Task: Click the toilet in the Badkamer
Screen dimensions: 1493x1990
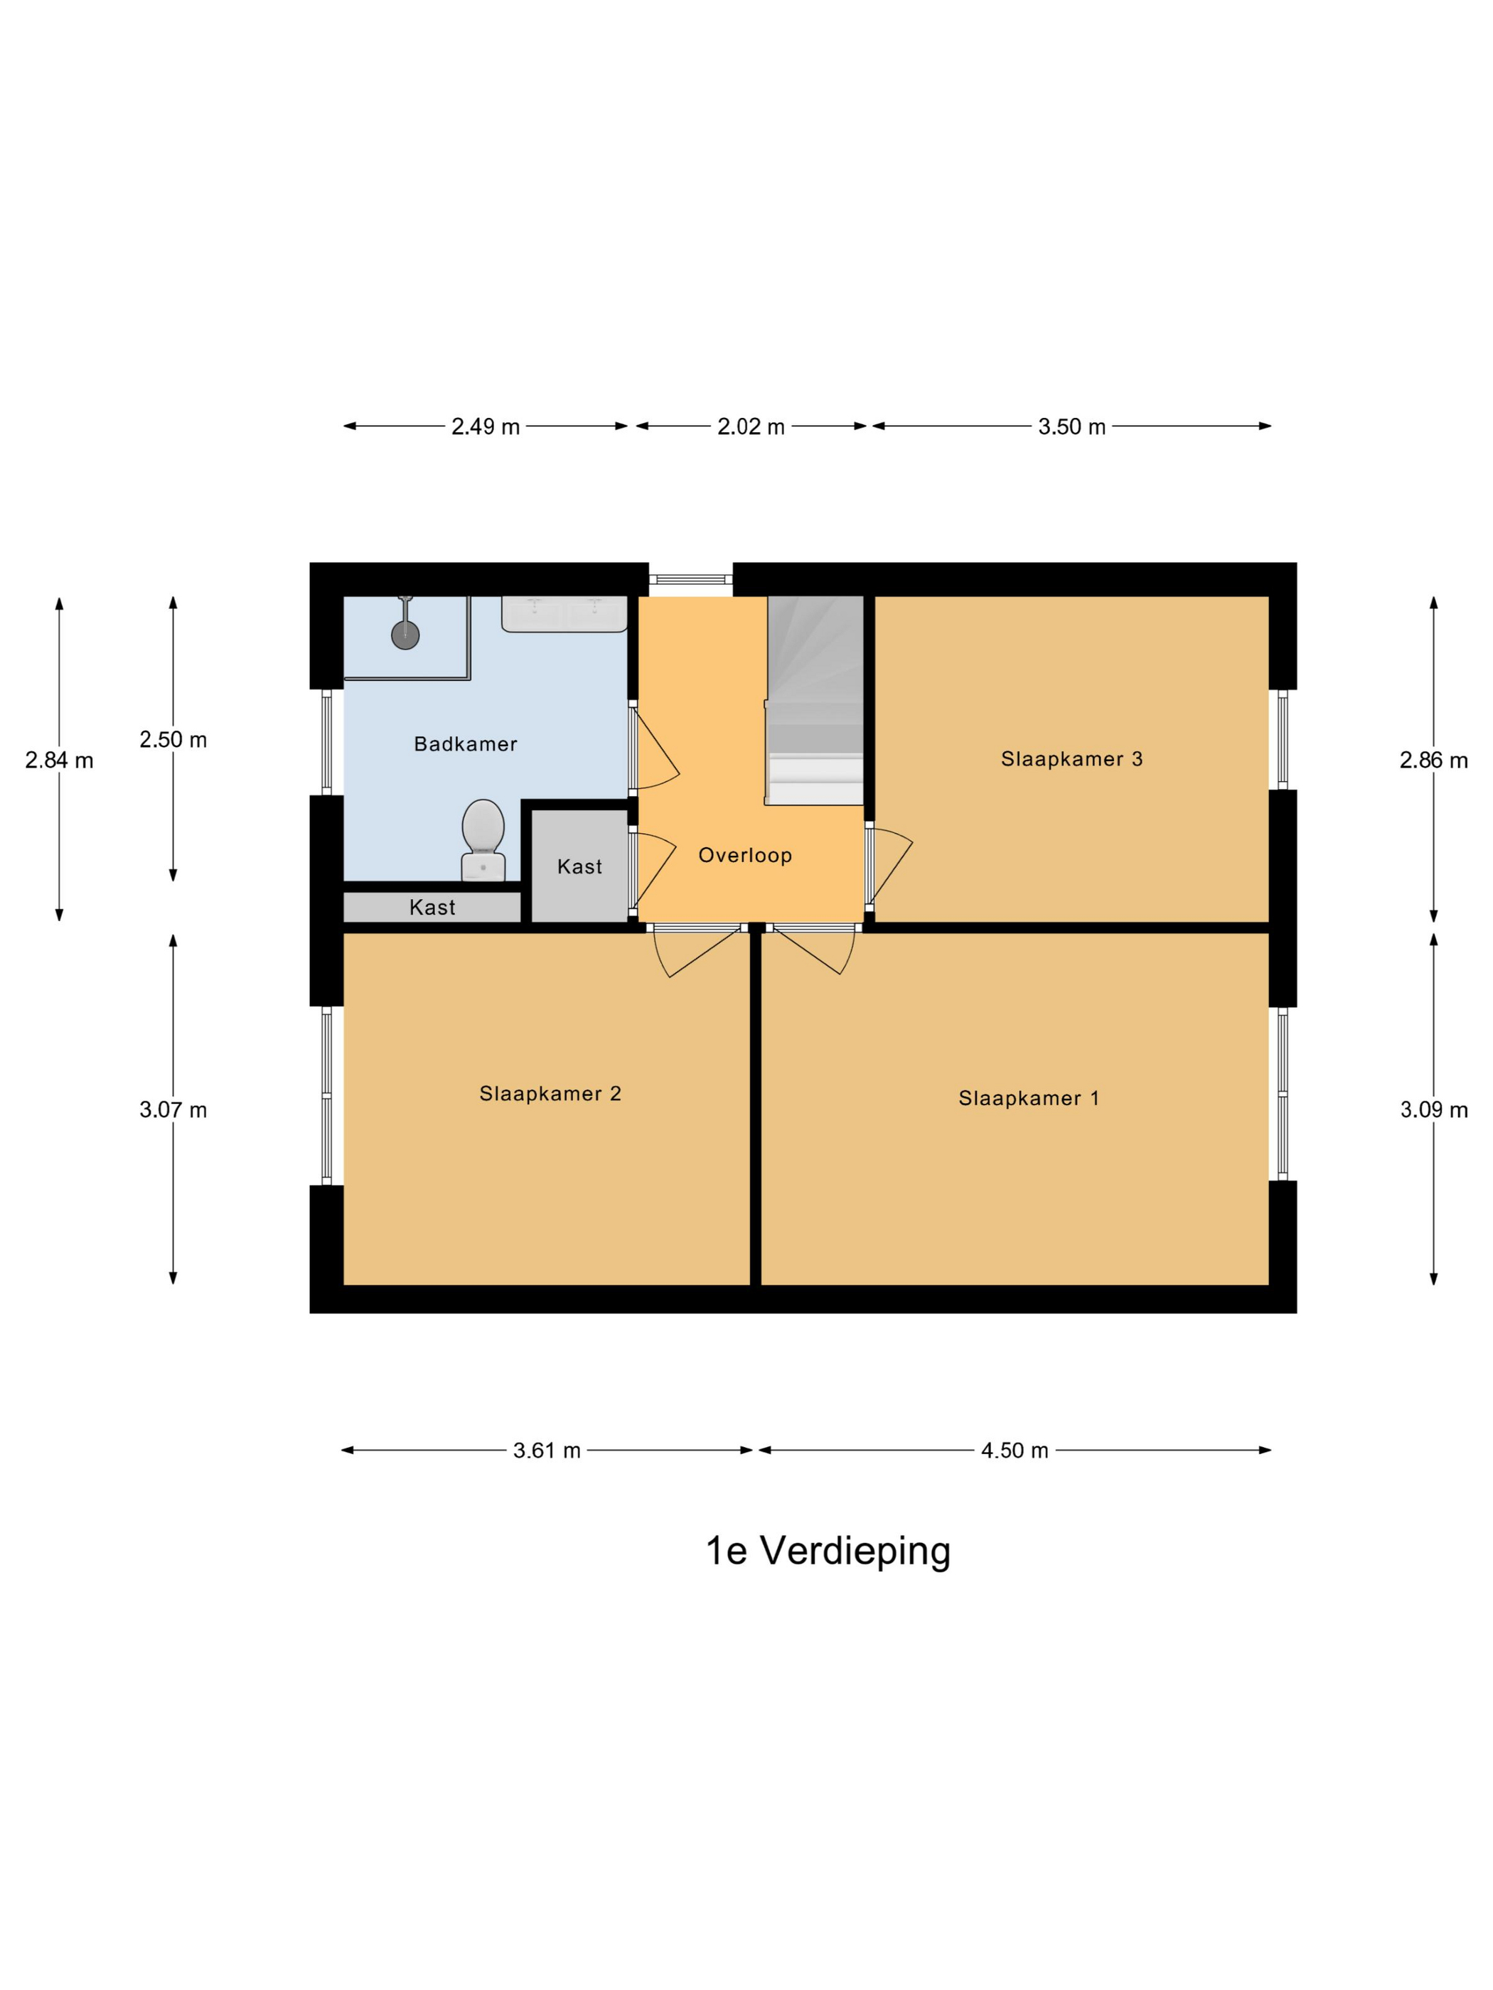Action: pos(482,839)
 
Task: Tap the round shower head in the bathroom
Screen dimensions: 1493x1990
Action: pos(405,634)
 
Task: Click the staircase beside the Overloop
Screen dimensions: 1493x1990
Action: pos(815,700)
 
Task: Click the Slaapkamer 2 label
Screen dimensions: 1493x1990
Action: pos(550,1093)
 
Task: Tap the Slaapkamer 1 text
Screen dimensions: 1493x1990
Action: pos(1029,1097)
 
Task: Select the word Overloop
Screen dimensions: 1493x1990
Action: pos(745,855)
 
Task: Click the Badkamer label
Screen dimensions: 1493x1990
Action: pos(465,743)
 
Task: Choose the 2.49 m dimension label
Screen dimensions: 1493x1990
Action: pos(485,426)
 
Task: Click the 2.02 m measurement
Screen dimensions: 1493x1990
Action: pos(751,426)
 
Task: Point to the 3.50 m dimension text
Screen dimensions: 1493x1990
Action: pos(1071,426)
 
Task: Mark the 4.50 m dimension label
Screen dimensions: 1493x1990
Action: pos(1015,1451)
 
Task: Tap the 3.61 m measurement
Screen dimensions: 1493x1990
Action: pos(546,1451)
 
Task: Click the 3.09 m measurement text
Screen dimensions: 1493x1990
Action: pos(1433,1109)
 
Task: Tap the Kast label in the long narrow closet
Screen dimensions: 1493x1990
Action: pos(432,907)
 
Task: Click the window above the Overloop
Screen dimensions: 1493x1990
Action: pos(691,579)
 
